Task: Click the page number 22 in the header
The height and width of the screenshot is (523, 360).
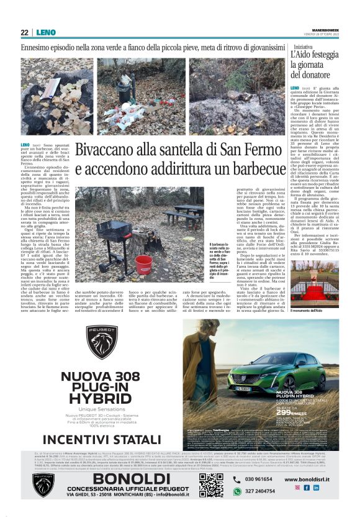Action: (24, 32)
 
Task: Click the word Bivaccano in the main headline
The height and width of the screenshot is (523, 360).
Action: (114, 151)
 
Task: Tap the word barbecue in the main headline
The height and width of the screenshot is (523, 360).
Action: (249, 168)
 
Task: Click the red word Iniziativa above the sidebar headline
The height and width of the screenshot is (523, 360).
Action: (304, 47)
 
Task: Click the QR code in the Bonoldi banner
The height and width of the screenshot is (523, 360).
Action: (211, 485)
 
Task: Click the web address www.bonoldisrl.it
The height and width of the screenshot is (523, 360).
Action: (311, 479)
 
